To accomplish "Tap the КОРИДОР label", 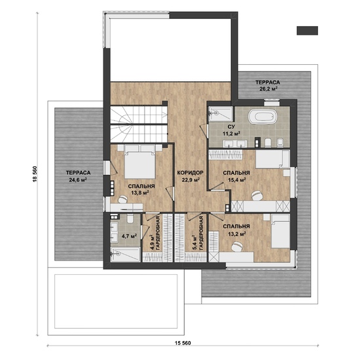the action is pos(190,172).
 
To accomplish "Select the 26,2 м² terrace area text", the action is pos(268,88).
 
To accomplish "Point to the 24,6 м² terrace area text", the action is pos(78,179).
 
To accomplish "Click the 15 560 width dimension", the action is pos(183,343).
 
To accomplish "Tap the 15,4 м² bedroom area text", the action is pos(236,179).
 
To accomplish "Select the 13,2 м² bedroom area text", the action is pos(236,234).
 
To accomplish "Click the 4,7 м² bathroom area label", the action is pos(129,236).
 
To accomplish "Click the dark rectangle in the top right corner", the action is pos(307,31).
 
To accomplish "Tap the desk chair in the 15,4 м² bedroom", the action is pos(257,196).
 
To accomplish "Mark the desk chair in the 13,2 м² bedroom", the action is pos(237,247).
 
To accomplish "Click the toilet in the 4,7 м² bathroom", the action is pos(130,219).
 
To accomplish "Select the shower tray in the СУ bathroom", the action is pos(220,114).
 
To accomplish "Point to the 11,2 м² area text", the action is pos(232,133).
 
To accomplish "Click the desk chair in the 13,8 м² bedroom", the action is pos(123,199).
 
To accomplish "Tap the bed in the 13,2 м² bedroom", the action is pos(280,231).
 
